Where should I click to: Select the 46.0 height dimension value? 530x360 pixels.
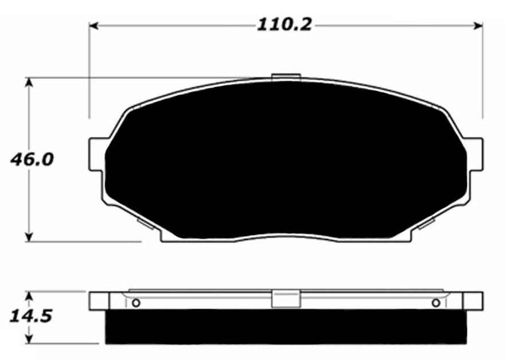click(32, 159)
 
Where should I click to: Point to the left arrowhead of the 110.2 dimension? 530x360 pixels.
click(94, 26)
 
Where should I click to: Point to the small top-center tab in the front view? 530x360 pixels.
click(285, 77)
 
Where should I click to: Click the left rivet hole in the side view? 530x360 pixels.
click(136, 303)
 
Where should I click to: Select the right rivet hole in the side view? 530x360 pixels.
click(436, 303)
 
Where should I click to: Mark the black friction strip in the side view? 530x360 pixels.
click(285, 327)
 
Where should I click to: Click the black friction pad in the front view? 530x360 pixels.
click(285, 161)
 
